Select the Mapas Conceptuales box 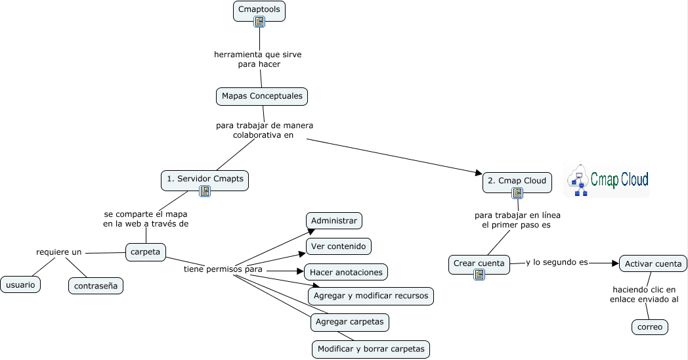pos(262,96)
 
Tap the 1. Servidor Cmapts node pos(205,179)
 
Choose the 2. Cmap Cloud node pos(517,181)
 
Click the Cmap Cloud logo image pos(607,179)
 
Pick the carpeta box pos(146,252)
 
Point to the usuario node pos(20,284)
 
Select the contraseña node pos(96,286)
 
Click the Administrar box pos(334,221)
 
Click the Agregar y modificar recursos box pos(371,296)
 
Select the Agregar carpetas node pos(350,322)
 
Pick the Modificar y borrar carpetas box pos(371,349)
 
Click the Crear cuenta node pos(479,263)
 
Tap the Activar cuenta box pos(653,264)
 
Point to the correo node pos(650,326)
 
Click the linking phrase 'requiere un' pos(59,252)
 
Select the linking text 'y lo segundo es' pos(557,262)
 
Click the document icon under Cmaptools pos(260,22)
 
